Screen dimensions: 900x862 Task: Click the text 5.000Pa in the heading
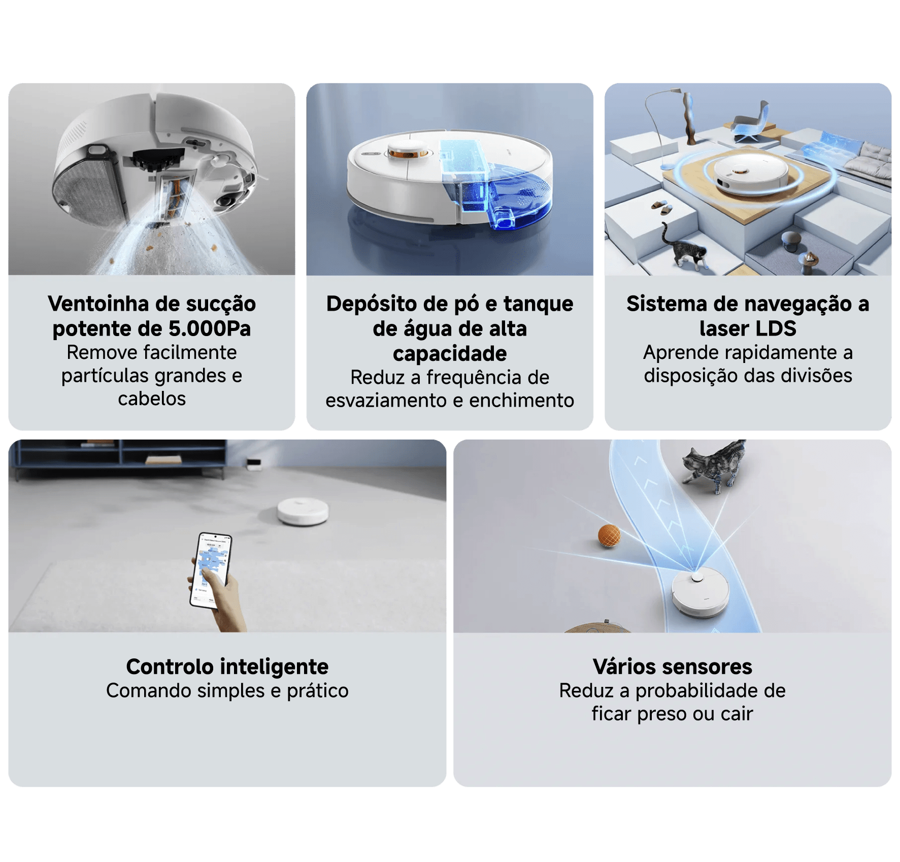tap(210, 328)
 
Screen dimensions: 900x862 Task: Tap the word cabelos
tap(152, 399)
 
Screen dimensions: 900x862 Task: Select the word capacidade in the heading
tap(450, 354)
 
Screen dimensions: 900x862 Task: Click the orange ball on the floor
tap(609, 536)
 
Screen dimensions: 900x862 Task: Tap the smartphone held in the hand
tap(211, 570)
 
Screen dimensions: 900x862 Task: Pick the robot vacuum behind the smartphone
tap(303, 511)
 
